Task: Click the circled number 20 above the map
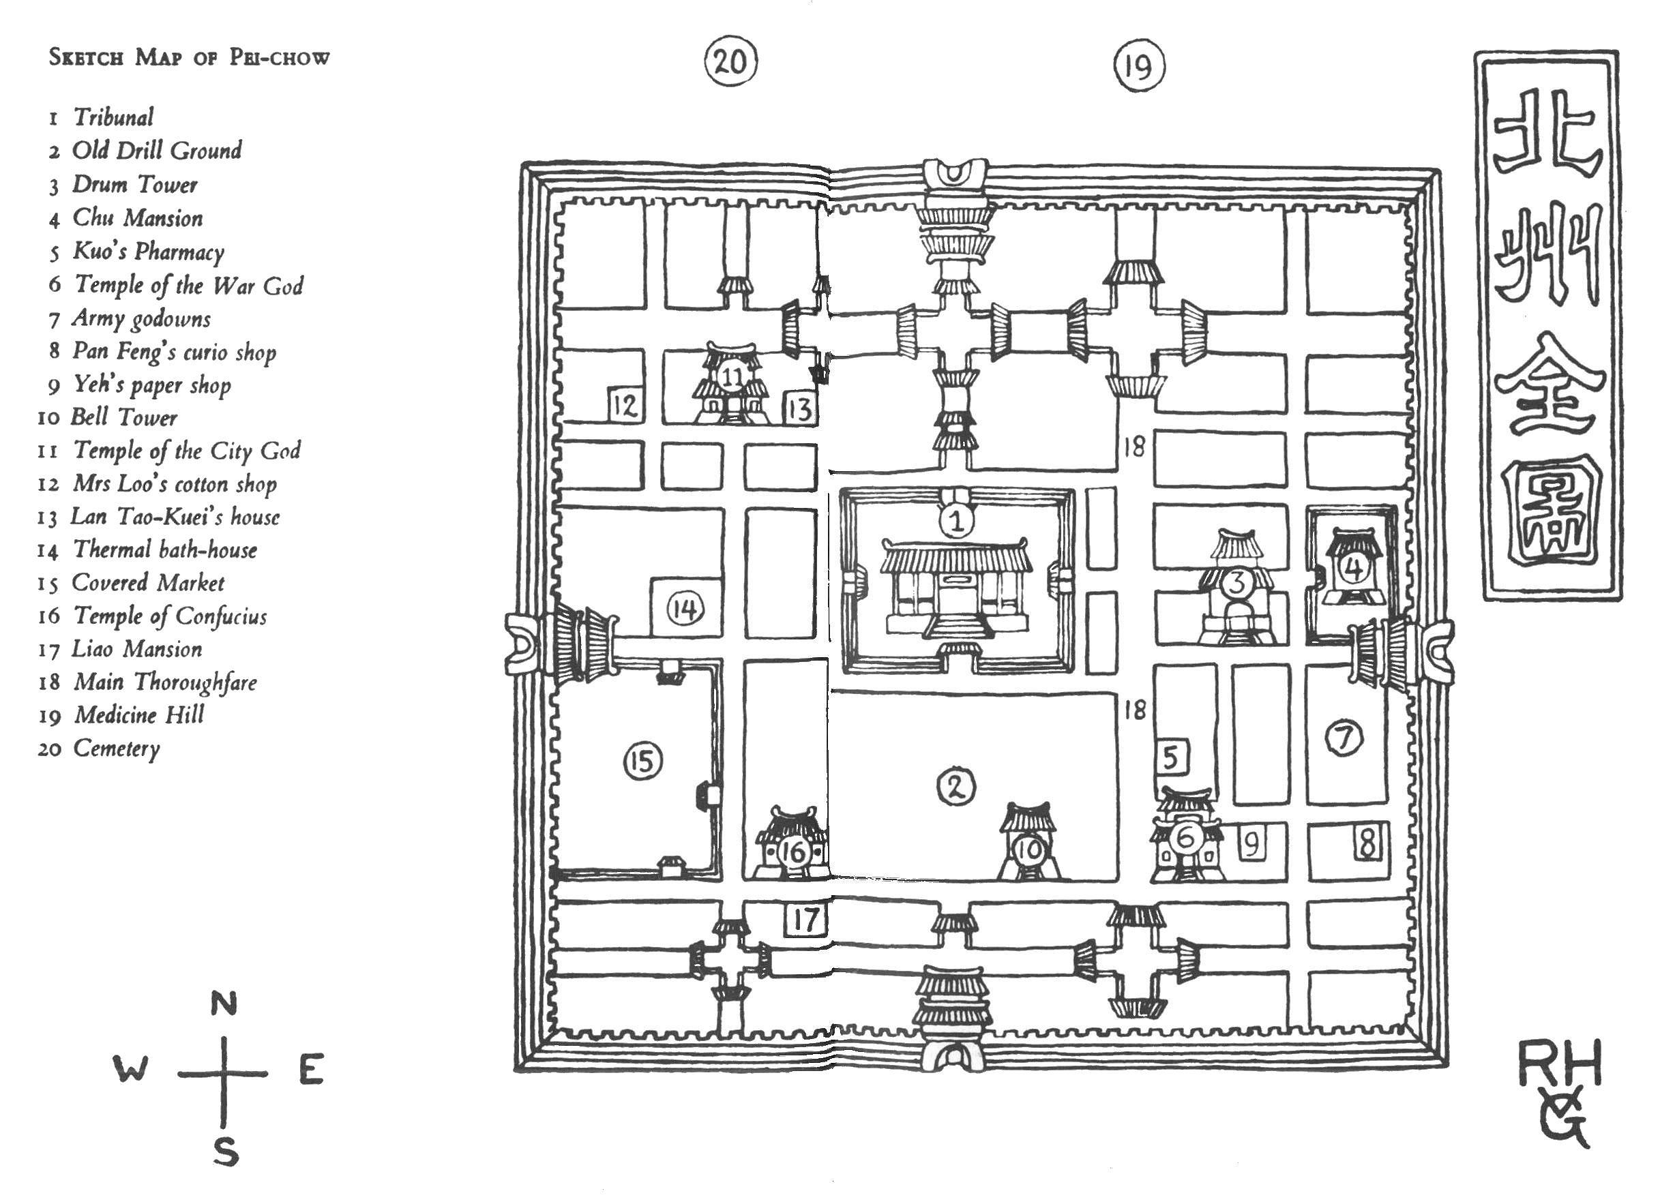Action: point(730,61)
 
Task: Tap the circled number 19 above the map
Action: point(1139,66)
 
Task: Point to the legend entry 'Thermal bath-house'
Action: point(147,550)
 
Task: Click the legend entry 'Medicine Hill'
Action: point(121,714)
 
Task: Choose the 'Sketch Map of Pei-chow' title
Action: point(189,57)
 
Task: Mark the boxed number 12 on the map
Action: point(624,404)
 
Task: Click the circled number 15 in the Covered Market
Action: point(642,761)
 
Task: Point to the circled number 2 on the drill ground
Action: point(957,786)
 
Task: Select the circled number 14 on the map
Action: point(685,608)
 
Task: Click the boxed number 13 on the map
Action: point(800,408)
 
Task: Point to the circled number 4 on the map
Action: point(1354,567)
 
